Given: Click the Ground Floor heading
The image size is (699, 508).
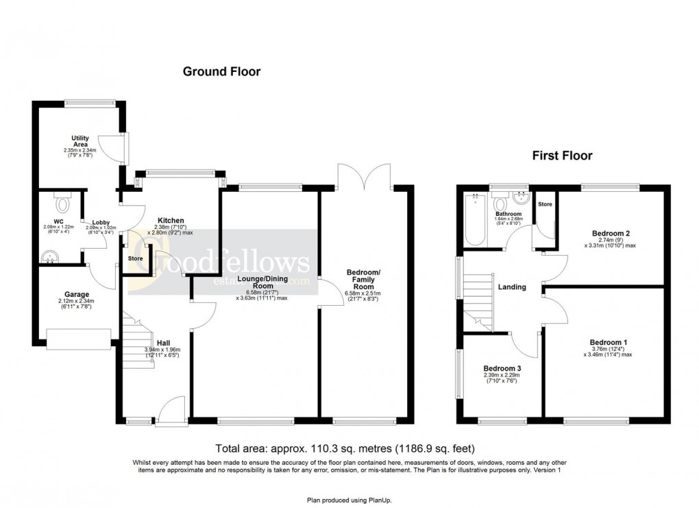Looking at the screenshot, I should (221, 71).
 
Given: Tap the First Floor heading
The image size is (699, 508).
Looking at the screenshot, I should (562, 156).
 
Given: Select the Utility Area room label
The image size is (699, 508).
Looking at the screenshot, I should (81, 141).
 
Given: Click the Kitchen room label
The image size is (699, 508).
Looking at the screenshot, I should (169, 221).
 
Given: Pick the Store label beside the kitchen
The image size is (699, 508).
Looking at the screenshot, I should (136, 258).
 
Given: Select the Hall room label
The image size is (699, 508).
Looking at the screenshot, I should (163, 343).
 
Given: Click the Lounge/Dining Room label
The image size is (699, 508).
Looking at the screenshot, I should (262, 281).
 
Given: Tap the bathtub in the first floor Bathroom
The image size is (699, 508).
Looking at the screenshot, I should (474, 219).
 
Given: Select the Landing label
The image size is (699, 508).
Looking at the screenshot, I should (512, 287).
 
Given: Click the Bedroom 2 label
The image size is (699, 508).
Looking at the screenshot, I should (610, 234).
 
